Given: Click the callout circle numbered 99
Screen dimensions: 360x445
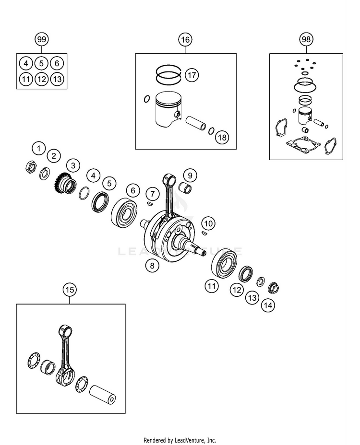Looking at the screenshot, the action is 41,39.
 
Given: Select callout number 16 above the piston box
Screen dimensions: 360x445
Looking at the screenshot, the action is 185,39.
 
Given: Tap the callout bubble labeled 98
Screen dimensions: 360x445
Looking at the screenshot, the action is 306,39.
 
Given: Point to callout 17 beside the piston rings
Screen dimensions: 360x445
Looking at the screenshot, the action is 192,75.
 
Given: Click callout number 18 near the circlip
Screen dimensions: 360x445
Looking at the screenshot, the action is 222,137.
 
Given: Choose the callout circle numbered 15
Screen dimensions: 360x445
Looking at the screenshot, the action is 70,290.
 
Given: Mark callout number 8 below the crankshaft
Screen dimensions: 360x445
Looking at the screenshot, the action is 152,265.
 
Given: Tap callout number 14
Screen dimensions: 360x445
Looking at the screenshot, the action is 268,305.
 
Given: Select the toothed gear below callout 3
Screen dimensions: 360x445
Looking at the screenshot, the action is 65,183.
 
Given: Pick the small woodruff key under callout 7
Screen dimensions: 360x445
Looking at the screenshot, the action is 151,203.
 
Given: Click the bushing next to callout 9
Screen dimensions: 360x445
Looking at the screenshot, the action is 185,187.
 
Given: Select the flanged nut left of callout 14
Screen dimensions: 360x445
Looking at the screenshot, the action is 273,288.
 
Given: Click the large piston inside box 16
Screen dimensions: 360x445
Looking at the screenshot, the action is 168,110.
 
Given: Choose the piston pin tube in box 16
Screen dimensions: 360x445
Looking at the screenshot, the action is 196,122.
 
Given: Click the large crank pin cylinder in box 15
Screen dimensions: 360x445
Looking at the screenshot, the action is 103,394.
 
